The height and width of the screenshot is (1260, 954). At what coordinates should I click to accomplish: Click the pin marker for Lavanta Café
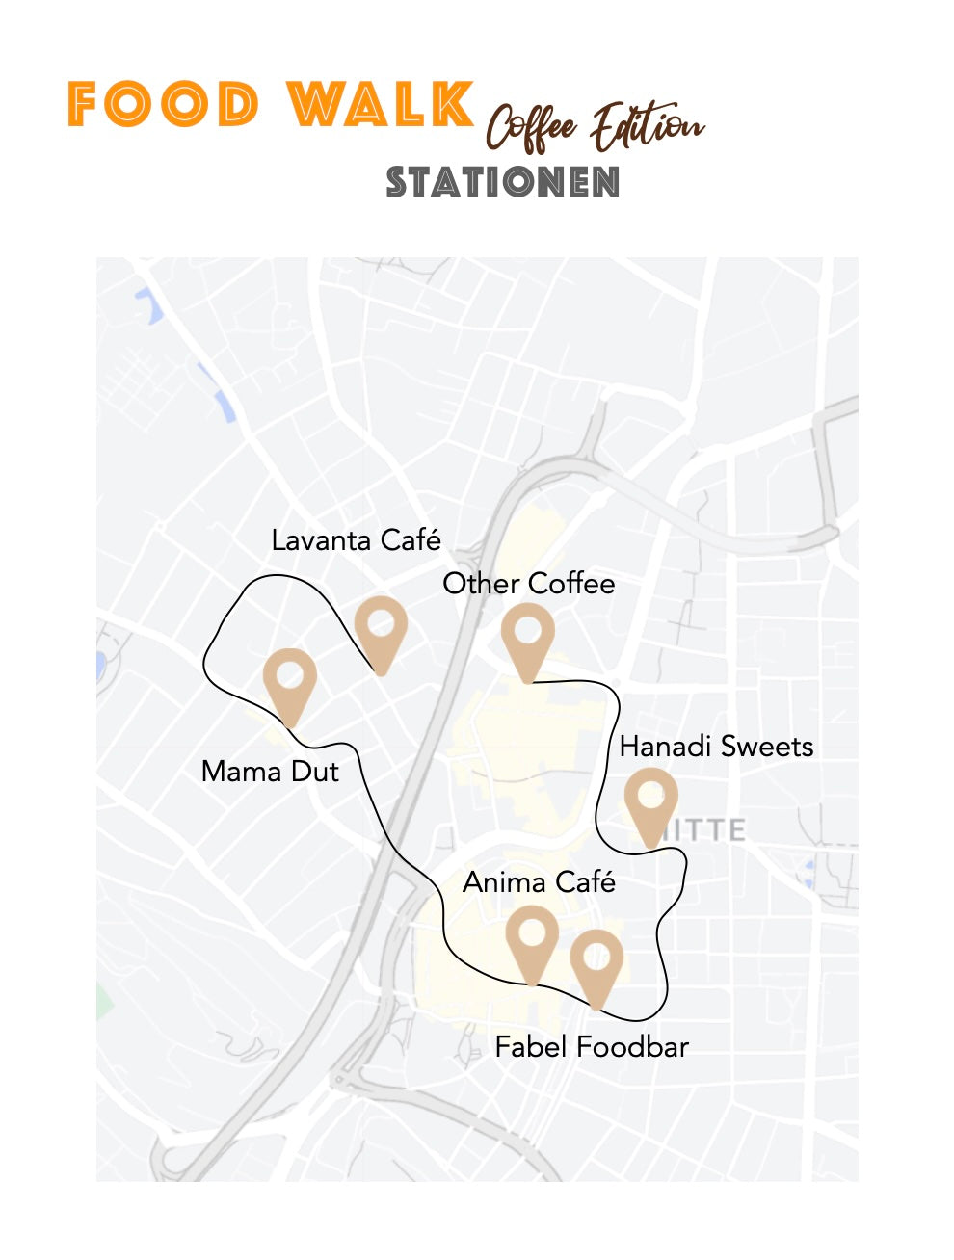point(381,627)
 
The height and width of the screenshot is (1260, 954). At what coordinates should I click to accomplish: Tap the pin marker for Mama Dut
point(289,679)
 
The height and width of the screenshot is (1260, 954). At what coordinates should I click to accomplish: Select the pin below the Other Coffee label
point(527,635)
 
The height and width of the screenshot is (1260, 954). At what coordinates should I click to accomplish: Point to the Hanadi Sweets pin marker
point(650,800)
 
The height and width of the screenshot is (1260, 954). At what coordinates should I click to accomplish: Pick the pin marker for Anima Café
point(532,936)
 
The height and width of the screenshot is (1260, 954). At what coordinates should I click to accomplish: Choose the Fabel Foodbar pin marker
point(596,960)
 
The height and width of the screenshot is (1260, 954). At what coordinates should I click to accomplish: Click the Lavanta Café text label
point(356,540)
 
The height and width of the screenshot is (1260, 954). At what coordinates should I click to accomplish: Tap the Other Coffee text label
point(528,584)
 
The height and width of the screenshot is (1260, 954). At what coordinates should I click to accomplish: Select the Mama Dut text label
point(270,772)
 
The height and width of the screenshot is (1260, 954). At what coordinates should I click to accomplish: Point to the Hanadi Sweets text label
point(716,747)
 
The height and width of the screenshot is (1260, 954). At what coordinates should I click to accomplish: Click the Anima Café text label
point(539,882)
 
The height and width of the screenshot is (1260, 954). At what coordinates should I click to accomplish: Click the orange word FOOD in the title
point(164,105)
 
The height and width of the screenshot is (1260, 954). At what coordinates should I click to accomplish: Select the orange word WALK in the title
point(381,105)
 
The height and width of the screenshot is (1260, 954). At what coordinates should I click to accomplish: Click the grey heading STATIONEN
point(502,182)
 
